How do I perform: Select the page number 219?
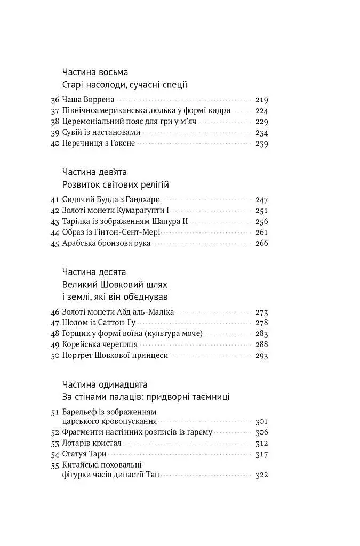click(262, 100)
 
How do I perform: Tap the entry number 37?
click(55, 111)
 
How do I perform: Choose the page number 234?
click(262, 133)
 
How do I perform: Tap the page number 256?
click(262, 221)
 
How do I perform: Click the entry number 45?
click(55, 244)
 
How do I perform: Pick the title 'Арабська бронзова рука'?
click(106, 244)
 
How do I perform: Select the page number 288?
click(262, 344)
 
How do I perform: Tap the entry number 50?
click(55, 356)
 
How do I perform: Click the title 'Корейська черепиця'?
click(100, 344)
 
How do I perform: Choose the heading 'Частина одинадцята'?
click(105, 384)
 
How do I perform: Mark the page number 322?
click(262, 475)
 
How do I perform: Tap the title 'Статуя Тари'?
click(84, 454)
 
